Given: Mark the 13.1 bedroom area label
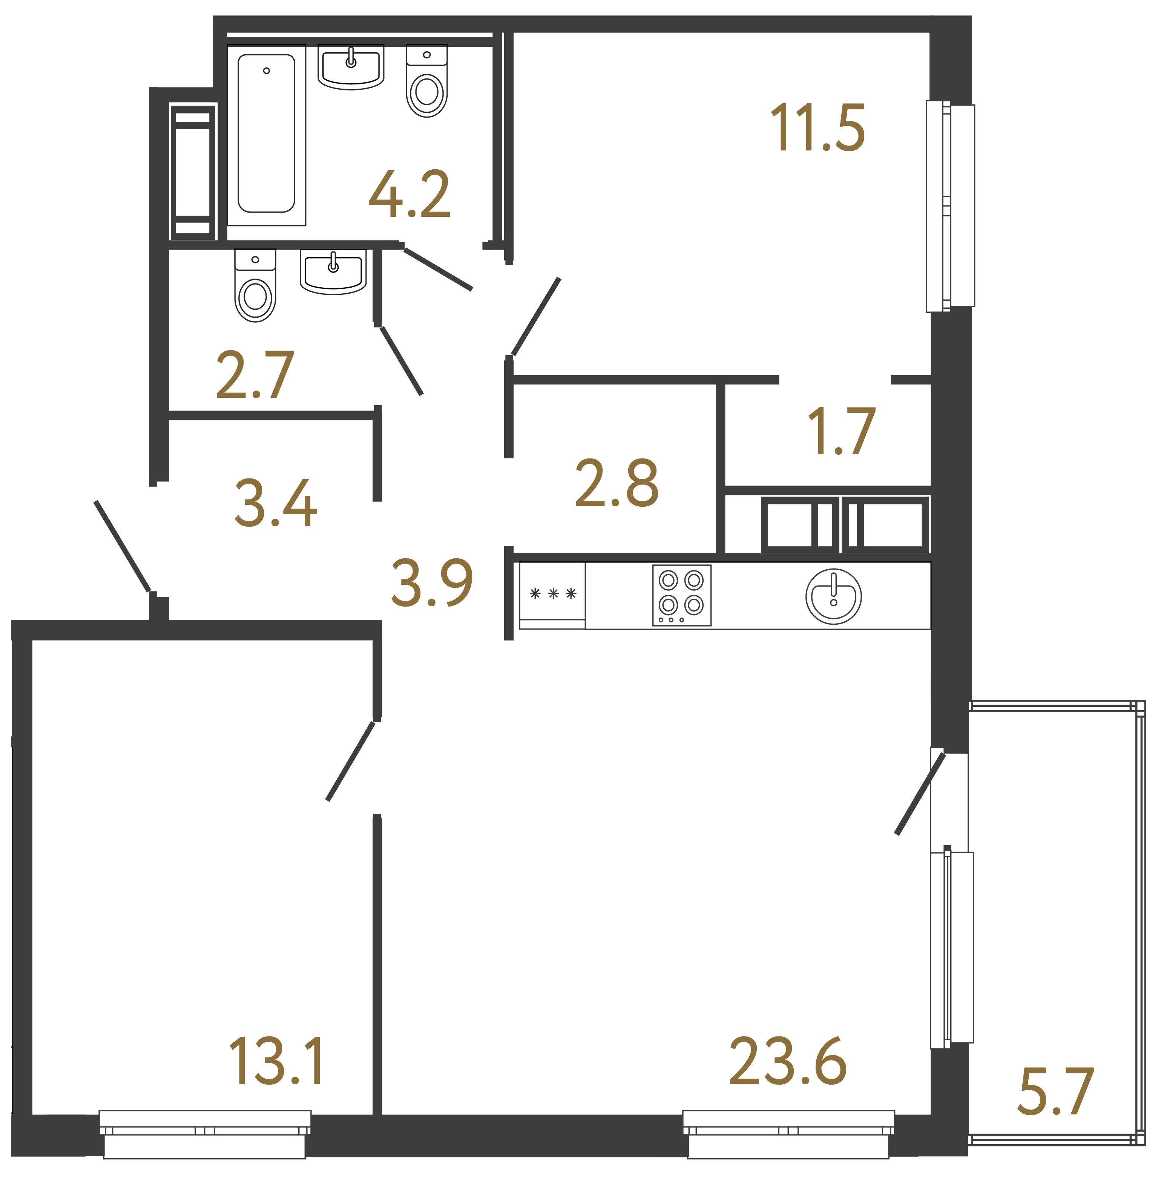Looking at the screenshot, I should click(277, 1062).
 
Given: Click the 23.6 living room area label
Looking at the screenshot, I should click(788, 1062).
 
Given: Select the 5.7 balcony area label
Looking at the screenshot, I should click(1056, 1093).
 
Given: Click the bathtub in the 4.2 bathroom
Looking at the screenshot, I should click(266, 134).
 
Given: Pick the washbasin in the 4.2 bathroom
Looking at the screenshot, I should click(351, 66).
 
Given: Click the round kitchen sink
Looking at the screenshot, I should click(833, 596).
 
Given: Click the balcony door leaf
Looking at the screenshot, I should click(920, 793).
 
